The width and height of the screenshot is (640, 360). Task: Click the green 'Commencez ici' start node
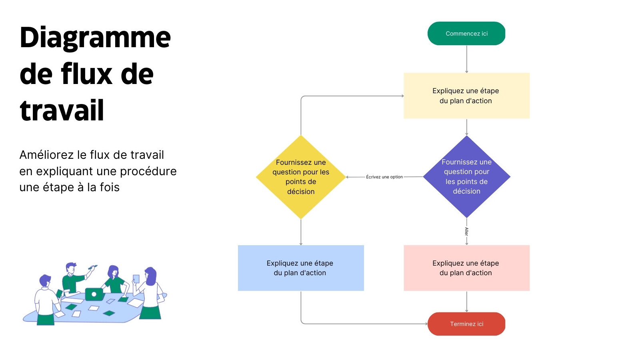[466, 34]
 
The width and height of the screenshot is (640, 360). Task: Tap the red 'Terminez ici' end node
[466, 324]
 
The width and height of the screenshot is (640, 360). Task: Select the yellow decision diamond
[301, 177]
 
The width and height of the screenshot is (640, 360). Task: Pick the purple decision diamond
[466, 176]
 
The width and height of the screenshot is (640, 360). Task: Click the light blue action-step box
[301, 268]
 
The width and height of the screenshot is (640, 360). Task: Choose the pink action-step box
[466, 268]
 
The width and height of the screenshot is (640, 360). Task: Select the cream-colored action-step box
[466, 96]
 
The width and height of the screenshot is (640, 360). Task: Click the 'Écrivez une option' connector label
[384, 177]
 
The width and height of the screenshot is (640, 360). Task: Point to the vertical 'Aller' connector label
[466, 232]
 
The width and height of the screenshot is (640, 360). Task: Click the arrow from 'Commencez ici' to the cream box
[466, 59]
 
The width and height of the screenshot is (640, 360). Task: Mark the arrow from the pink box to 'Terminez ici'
[466, 302]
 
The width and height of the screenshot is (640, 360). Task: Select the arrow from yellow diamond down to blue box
[301, 232]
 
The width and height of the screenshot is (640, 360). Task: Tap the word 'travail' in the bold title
[62, 110]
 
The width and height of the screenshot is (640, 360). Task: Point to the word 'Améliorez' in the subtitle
[46, 155]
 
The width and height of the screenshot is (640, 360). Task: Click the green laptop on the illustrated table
[94, 294]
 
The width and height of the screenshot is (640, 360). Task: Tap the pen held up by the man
[92, 268]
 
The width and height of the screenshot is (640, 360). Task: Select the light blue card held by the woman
[136, 279]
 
